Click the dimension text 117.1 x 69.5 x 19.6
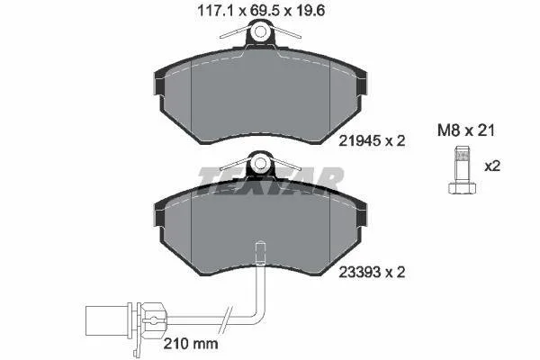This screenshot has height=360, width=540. tap(261, 11)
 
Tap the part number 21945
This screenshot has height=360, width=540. tap(359, 140)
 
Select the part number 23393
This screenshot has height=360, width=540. tap(359, 273)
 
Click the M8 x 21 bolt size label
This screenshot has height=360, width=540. tap(466, 130)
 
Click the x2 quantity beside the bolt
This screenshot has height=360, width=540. tap(492, 166)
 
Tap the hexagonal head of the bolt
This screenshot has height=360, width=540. tap(463, 188)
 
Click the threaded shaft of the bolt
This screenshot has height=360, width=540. tap(463, 165)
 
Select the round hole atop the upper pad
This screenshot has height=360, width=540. tap(260, 31)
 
